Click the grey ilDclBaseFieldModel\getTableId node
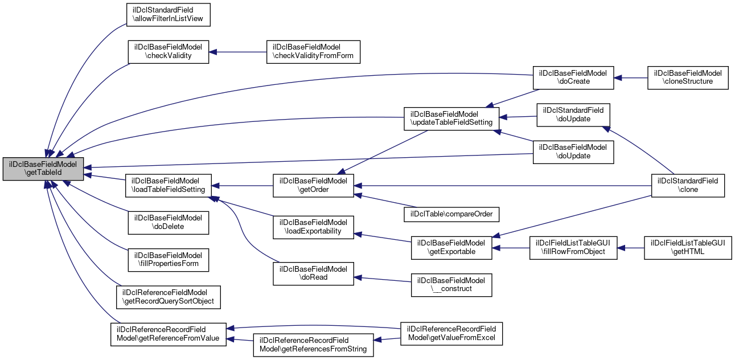(43, 169)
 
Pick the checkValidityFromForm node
(313, 52)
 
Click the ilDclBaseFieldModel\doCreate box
(573, 77)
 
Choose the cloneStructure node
(688, 77)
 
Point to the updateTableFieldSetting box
(451, 118)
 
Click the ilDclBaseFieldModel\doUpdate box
(573, 152)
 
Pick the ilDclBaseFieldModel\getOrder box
(313, 185)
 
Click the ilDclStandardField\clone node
(688, 185)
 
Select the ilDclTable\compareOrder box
(451, 214)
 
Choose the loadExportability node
(313, 227)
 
